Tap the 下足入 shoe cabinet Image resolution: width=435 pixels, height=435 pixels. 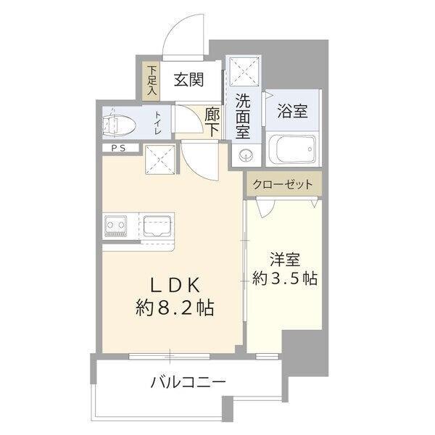[152, 80]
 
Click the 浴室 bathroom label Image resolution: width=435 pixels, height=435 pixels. [292, 111]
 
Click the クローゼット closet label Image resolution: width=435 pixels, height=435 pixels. [283, 185]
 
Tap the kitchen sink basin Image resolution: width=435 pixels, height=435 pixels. [157, 227]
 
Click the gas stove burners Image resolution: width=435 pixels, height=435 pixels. [116, 227]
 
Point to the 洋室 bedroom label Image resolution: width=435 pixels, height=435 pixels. [284, 259]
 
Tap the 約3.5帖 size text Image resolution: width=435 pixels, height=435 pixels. [284, 278]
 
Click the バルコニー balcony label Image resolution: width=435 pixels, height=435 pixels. [188, 381]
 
